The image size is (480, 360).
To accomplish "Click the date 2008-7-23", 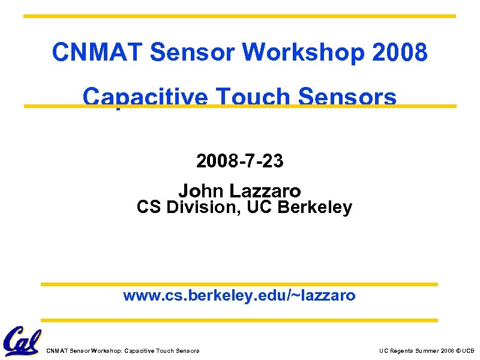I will coord(240,161).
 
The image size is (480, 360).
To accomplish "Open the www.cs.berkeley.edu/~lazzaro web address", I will coord(239,295).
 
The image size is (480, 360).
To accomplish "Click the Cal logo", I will coord(22,341).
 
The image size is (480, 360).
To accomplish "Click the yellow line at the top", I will coord(239,16).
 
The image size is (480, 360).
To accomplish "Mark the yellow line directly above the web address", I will coord(239,284).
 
